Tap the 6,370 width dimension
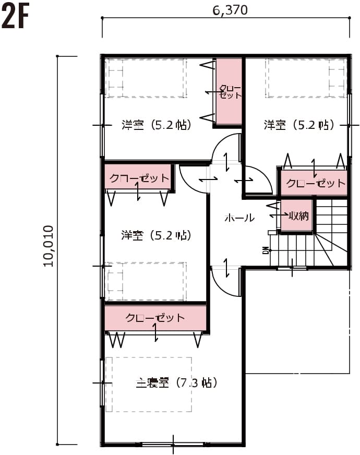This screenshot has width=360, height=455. (230, 10)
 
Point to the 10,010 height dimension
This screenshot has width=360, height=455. (49, 246)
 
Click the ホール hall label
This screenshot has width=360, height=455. (239, 218)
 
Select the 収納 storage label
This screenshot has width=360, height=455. (299, 215)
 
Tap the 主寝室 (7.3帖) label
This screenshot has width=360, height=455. (176, 383)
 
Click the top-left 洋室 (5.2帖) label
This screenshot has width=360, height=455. (157, 125)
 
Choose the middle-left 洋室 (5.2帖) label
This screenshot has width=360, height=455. (157, 235)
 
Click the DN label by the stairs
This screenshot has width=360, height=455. (266, 250)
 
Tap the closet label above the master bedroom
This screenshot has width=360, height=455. (155, 318)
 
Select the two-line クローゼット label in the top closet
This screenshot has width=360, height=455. (230, 92)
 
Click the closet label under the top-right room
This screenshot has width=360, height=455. (316, 183)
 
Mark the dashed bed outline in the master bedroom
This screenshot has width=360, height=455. (149, 384)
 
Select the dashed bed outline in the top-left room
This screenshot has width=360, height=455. (146, 78)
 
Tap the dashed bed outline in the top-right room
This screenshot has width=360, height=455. (306, 78)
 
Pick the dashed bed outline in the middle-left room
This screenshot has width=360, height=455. (146, 281)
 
